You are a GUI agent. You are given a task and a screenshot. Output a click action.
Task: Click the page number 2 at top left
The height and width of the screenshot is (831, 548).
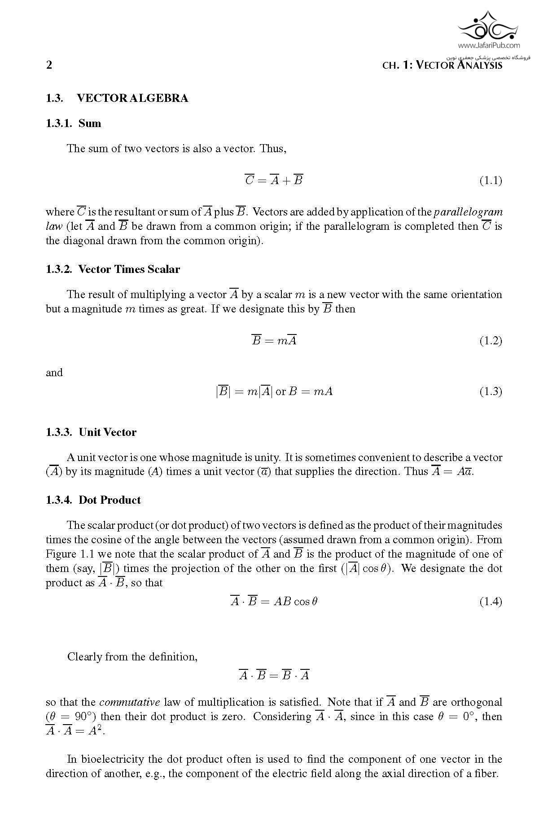coord(49,65)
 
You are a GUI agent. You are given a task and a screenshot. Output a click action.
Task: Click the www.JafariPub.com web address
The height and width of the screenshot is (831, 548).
coord(489,45)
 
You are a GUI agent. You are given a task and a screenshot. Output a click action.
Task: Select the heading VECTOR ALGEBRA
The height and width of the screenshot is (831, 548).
coord(132,98)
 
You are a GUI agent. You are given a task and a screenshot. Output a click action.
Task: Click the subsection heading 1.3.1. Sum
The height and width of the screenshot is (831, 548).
coord(74,123)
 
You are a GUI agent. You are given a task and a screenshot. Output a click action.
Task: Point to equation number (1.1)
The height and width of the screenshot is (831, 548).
coord(491,181)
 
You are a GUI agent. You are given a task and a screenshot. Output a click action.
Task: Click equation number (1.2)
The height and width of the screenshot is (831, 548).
coord(491,341)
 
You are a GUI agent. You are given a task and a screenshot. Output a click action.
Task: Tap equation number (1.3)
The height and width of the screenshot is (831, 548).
coord(491,391)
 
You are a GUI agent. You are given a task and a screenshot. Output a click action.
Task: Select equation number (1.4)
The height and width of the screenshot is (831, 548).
coord(491,602)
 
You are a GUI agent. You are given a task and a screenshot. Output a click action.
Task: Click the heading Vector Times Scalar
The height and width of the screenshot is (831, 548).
coord(129,269)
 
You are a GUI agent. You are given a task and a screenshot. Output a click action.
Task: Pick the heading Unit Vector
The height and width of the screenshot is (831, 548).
coord(107,432)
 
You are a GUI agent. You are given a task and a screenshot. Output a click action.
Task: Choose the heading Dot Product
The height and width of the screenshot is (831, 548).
coord(110,500)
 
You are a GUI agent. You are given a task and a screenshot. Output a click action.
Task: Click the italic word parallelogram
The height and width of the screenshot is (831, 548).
coord(468,212)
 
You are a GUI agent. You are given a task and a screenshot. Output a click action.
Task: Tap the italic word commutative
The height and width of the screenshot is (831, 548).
coord(129,702)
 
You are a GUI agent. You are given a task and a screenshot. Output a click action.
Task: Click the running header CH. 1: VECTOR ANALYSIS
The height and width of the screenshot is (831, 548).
coord(442,65)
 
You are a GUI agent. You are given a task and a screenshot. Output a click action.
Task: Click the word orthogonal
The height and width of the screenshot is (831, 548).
coord(476,702)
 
